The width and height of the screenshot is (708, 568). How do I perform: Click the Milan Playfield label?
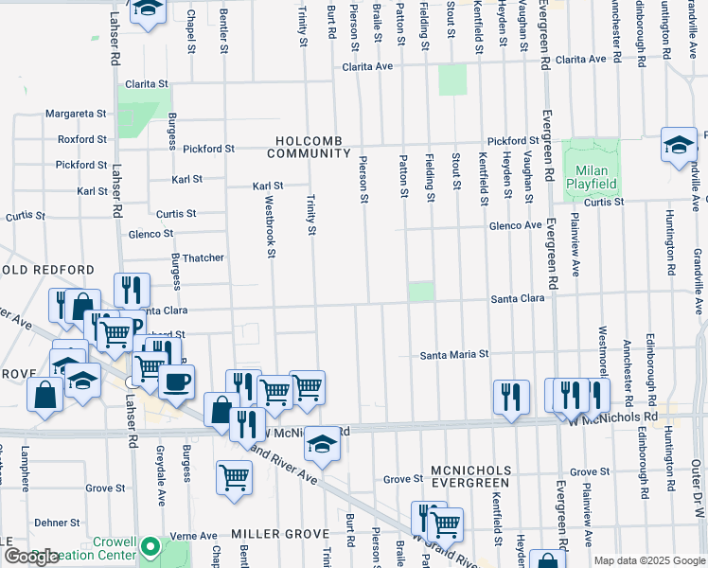tap(592, 177)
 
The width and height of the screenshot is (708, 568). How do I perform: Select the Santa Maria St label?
tap(454, 355)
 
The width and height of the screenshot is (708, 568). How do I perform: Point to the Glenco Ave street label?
tap(515, 225)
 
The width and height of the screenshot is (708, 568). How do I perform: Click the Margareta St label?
tap(77, 114)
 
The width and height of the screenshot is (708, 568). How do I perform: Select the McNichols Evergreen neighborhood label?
tap(470, 476)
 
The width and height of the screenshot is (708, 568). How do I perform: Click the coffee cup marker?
tap(176, 382)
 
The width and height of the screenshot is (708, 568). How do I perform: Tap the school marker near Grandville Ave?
tap(679, 145)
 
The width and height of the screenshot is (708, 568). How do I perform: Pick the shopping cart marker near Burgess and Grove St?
tap(234, 477)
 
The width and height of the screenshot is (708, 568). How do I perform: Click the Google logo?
tap(31, 557)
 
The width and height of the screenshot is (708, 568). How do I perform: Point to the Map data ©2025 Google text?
tap(648, 560)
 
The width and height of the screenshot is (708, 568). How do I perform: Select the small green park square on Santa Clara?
tap(422, 292)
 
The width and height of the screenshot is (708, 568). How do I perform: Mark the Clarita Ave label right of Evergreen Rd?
tap(580, 59)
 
